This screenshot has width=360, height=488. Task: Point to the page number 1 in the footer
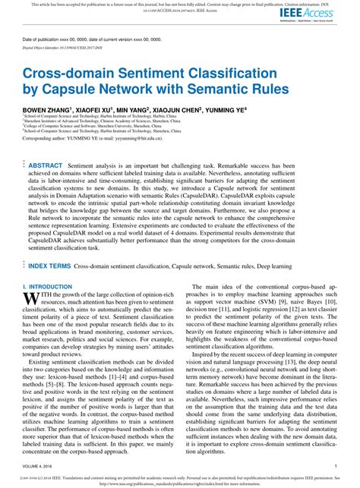[336, 465]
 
